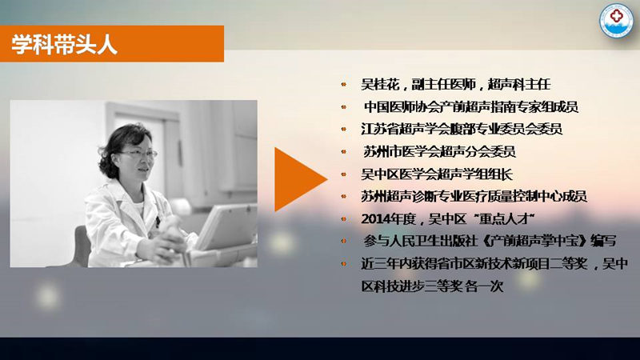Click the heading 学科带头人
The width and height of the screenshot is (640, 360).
coord(64,44)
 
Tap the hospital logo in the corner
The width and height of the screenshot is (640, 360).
coord(616,21)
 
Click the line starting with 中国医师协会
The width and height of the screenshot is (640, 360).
coord(471,107)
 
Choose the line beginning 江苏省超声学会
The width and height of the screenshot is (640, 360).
coord(462,129)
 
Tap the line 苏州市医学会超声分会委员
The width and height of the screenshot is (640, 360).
coord(439,151)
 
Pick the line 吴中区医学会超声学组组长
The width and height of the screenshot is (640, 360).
coord(437,174)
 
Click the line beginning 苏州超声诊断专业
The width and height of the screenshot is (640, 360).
coord(474,196)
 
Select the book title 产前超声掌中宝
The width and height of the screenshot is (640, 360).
coord(534,241)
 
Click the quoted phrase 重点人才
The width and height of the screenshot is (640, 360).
coord(506,219)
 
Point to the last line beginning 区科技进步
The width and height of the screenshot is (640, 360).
coord(432,286)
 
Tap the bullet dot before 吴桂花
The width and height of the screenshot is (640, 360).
coord(344,85)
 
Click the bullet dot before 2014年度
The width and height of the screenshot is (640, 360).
coord(344,219)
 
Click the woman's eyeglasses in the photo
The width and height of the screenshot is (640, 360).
coord(138,154)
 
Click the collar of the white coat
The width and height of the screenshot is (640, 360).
coord(122,195)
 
